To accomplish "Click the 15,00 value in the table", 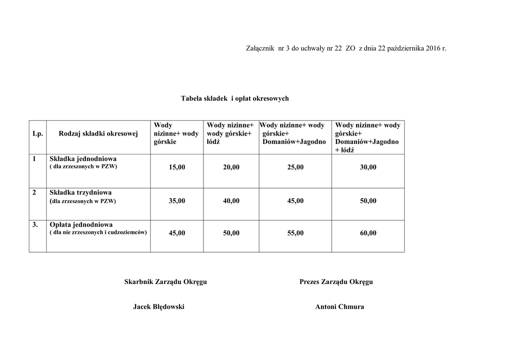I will pos(177,167).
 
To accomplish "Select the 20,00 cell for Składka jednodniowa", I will pos(231,167).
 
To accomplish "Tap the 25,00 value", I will pos(295,167).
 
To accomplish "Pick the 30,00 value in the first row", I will pos(368,167).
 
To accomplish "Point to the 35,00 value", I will pos(177,201).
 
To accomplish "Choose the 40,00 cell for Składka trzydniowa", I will pos(231,201).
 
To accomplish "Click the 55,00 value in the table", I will pos(295,233).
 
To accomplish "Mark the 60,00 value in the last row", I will pos(368,233).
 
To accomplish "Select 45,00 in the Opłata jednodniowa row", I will pos(177,233).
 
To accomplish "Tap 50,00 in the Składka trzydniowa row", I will pos(368,201).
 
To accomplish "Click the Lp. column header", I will pos(38,133).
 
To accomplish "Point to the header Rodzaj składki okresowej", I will pos(98,133).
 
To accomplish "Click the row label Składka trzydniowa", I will pos(80,193).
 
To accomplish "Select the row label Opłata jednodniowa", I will pos(81,224).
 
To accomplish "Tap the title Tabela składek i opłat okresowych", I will pos(235,98).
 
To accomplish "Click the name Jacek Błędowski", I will pos(159,307).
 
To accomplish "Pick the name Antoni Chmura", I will pos(339,307).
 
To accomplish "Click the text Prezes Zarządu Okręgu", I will pos(336,282).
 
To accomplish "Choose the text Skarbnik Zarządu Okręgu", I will pos(165,282).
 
